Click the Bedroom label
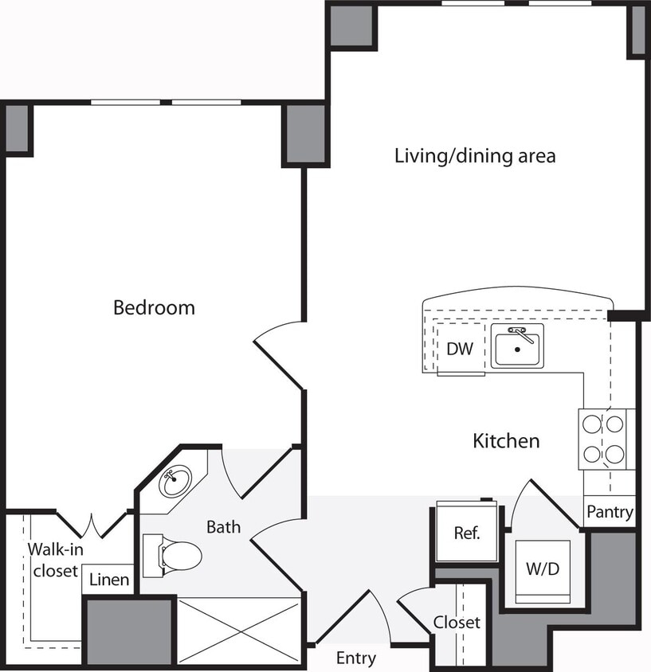point(154,307)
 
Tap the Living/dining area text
point(475,155)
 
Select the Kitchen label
point(506,440)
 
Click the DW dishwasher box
point(460,349)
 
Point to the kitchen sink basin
point(517,348)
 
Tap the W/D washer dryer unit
point(542,570)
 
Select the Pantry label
point(610,512)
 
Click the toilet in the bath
point(175,555)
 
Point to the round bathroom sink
point(175,480)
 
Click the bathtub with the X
point(239,629)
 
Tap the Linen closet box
point(108,580)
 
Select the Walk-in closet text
point(54,560)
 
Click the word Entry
point(355,658)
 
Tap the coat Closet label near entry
point(457,622)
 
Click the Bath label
point(223,526)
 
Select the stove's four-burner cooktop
point(603,440)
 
